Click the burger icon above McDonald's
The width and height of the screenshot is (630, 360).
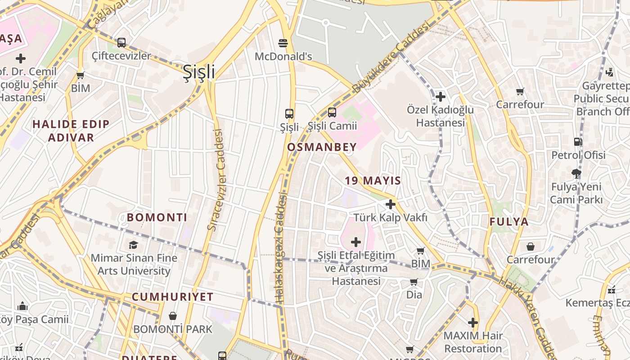pyautogui.click(x=283, y=43)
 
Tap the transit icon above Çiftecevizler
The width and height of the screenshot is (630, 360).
pyautogui.click(x=121, y=43)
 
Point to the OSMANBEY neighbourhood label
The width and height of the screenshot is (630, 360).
pyautogui.click(x=322, y=147)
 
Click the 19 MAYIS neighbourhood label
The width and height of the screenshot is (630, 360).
pyautogui.click(x=373, y=181)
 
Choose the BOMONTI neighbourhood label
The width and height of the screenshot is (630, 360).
pyautogui.click(x=157, y=217)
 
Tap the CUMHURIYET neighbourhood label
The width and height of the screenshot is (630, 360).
pyautogui.click(x=173, y=297)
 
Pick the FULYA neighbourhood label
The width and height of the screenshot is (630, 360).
pyautogui.click(x=509, y=222)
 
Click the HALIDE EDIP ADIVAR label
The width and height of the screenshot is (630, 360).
pyautogui.click(x=71, y=131)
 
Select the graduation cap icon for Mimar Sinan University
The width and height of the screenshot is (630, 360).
pyautogui.click(x=134, y=245)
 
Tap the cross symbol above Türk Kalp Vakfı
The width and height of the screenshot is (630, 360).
pyautogui.click(x=390, y=204)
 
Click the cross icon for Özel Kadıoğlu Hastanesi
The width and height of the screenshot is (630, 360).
pyautogui.click(x=440, y=97)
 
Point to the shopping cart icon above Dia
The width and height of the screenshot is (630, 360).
pyautogui.click(x=414, y=282)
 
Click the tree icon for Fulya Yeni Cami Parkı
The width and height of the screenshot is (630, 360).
pyautogui.click(x=576, y=173)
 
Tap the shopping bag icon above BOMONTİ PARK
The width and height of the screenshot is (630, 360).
pyautogui.click(x=172, y=316)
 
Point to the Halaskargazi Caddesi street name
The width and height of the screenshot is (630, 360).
pyautogui.click(x=280, y=247)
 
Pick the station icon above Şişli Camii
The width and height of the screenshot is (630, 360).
pyautogui.click(x=332, y=112)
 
